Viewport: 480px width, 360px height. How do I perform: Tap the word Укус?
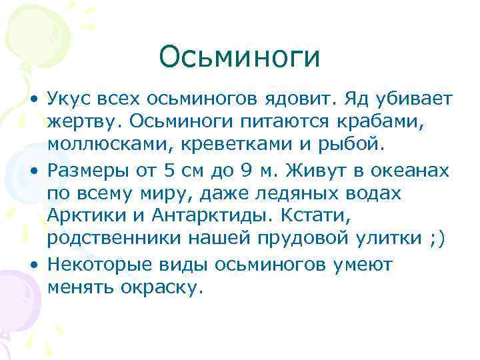pos(70,100)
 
